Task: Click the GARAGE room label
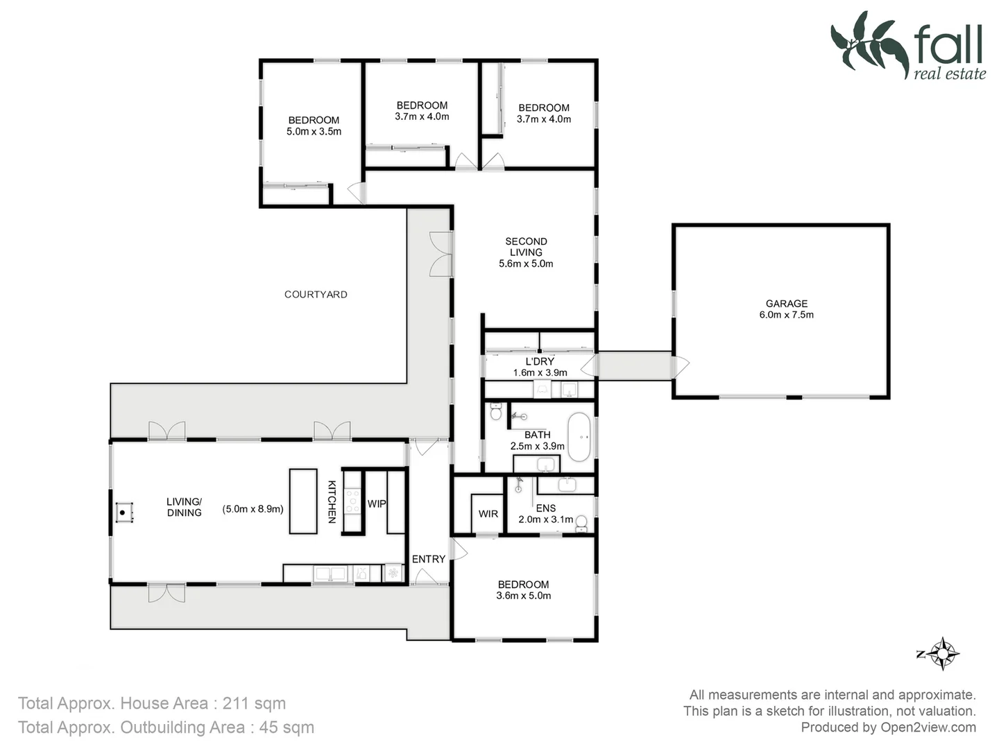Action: [x=786, y=304]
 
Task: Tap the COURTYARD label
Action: [x=316, y=294]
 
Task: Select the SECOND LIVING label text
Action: [x=526, y=247]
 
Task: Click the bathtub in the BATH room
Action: [x=579, y=438]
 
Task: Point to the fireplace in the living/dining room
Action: [x=123, y=513]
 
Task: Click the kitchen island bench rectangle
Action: [x=302, y=501]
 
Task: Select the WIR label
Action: [x=488, y=514]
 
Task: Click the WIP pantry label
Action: [x=377, y=503]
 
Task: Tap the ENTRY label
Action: [x=428, y=559]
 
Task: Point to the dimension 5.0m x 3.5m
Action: [x=314, y=132]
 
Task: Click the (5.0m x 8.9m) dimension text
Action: [x=253, y=508]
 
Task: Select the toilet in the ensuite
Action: [x=581, y=524]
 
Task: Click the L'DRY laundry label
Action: [x=539, y=361]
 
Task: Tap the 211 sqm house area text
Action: [x=254, y=703]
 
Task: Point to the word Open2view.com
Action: [x=928, y=728]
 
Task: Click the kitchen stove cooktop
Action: [x=352, y=501]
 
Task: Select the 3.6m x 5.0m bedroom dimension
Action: [x=523, y=596]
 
